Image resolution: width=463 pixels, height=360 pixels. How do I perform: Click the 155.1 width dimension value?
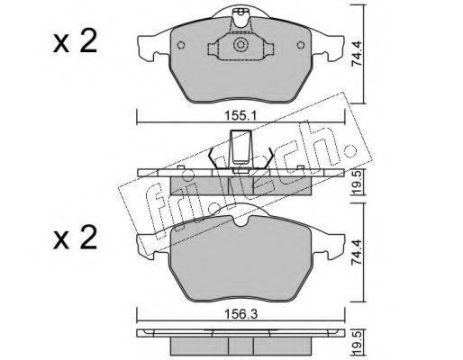point(241,116)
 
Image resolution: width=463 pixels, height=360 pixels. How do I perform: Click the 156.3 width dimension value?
point(241,314)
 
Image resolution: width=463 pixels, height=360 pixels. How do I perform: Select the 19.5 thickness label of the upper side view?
point(358,182)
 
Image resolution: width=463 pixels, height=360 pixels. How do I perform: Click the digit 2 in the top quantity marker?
point(86,41)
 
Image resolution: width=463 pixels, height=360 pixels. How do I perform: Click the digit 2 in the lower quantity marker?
point(86,238)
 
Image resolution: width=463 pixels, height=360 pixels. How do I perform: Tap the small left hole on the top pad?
point(181,45)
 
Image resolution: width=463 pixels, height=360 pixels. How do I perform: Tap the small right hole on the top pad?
point(301,45)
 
